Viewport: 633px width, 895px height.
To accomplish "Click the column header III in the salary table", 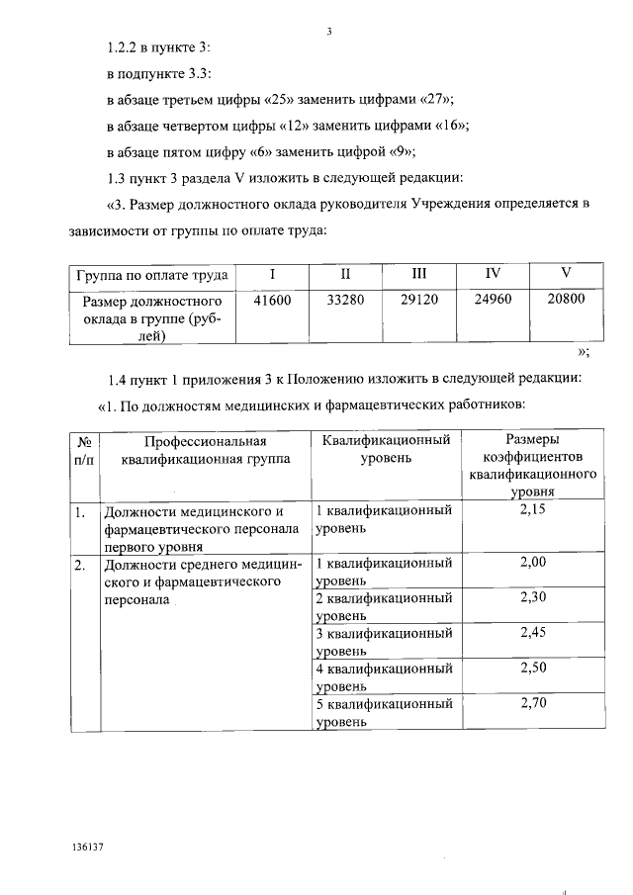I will (418, 273).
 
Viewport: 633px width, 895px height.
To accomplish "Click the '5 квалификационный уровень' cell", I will (383, 713).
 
